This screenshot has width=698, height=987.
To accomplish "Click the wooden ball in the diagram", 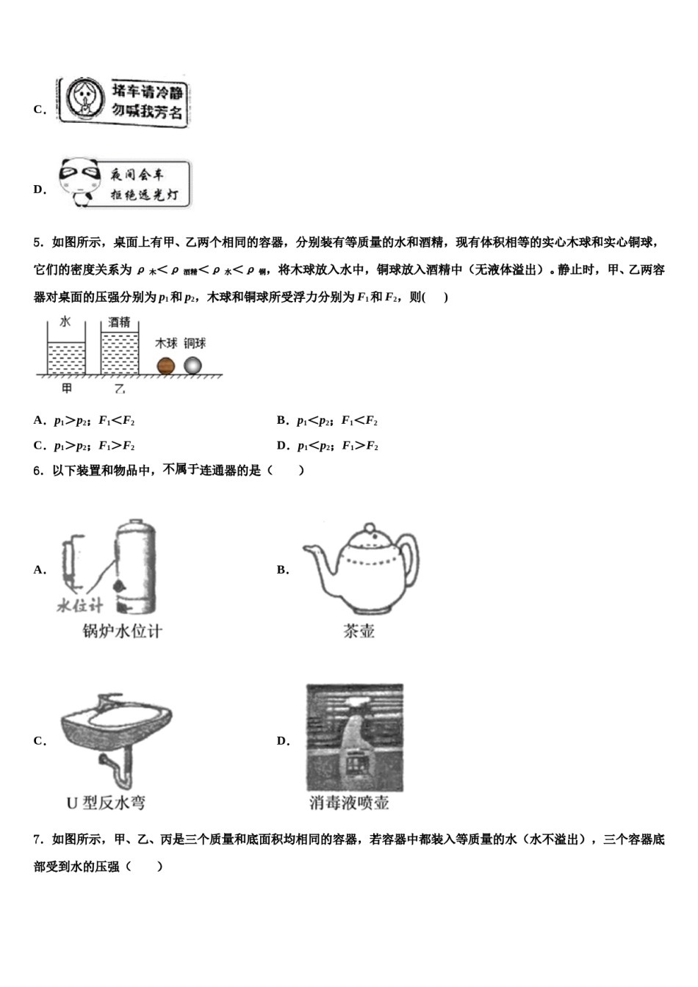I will [x=165, y=366].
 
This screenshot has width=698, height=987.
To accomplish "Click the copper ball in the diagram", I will [x=193, y=366].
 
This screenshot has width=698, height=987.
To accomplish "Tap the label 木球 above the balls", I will [x=166, y=344].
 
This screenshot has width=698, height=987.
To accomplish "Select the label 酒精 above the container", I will [x=119, y=322].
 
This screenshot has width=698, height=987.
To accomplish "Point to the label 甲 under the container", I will [x=67, y=388].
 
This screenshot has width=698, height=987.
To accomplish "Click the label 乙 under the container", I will [x=119, y=388].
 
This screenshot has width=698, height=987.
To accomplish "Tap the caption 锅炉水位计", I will [x=122, y=632].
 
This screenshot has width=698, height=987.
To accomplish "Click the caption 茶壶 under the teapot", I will [x=359, y=632].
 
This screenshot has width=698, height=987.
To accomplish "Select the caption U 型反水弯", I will [x=106, y=803].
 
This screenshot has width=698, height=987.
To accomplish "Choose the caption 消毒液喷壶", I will [x=349, y=803].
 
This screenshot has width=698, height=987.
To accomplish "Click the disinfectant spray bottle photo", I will [x=355, y=737].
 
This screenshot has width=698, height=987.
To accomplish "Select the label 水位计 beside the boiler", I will [x=80, y=606].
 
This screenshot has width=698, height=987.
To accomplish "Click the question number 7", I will [x=37, y=839].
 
